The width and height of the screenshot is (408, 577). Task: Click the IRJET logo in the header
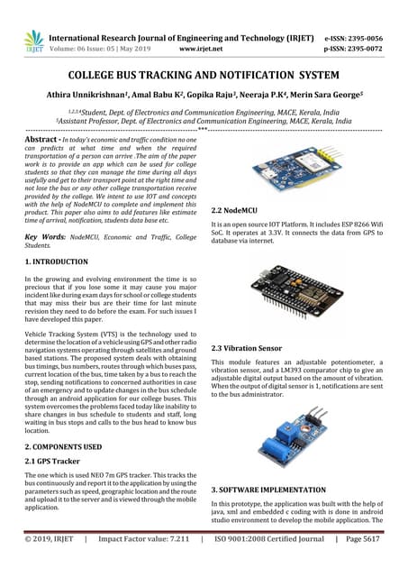33,41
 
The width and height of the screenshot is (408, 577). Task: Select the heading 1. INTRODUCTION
62,261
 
